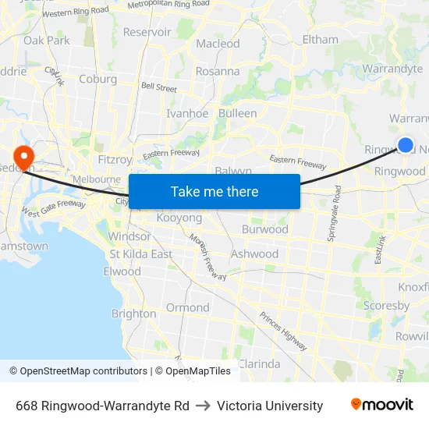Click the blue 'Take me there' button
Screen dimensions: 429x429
[x=214, y=191]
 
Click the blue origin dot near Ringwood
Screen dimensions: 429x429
[x=406, y=144]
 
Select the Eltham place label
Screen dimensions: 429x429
[x=320, y=39]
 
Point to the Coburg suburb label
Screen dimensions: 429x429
[x=97, y=79]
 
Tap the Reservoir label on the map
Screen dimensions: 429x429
[x=147, y=32]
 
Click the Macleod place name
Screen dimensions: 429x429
[x=218, y=44]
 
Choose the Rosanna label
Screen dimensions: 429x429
[x=218, y=71]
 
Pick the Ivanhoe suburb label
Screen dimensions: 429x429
[x=187, y=113]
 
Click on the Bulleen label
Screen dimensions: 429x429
[x=238, y=113]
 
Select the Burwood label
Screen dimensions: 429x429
[x=264, y=229]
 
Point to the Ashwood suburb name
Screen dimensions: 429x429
[x=254, y=253]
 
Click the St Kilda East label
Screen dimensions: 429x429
[x=140, y=253]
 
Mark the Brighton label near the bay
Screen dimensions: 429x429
[x=133, y=314]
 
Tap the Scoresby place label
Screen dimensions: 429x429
[x=381, y=307]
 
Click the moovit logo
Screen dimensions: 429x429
[x=381, y=405]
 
